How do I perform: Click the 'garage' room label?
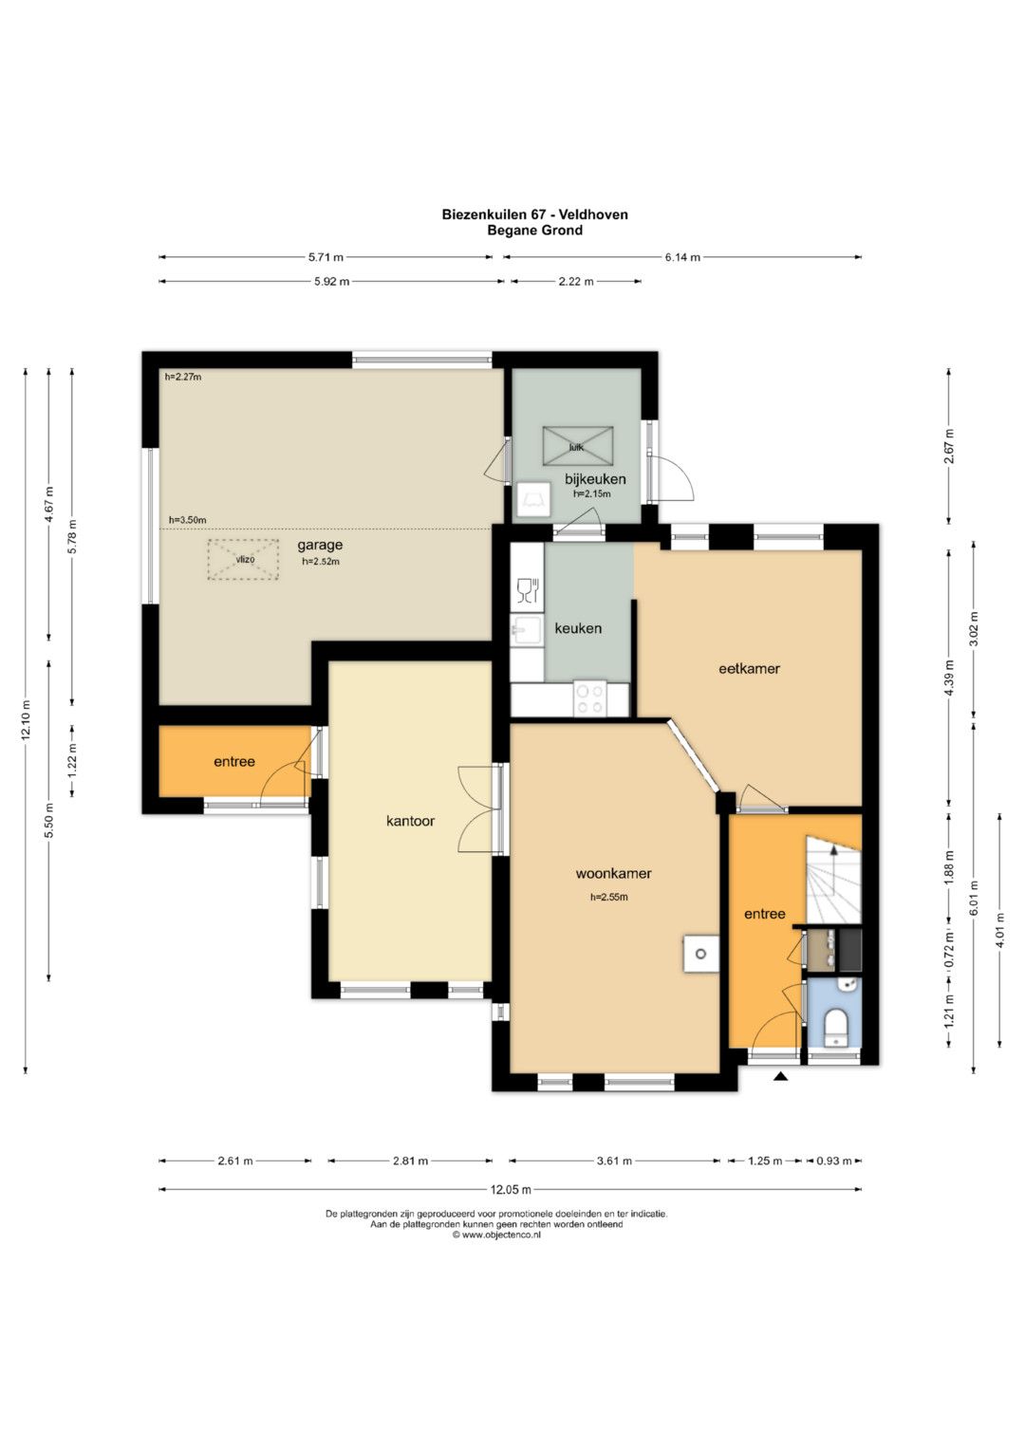point(320,546)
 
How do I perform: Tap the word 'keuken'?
point(578,628)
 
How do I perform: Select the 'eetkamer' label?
point(750,669)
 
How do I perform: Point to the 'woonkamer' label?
point(613,873)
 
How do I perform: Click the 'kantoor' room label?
point(410,821)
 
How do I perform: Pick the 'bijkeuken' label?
point(595,479)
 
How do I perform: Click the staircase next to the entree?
point(833,879)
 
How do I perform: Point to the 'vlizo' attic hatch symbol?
point(243,560)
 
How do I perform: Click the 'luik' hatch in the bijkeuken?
point(577,446)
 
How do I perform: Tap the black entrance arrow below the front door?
point(781,1077)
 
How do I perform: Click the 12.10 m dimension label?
point(26,719)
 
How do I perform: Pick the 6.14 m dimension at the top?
point(682,257)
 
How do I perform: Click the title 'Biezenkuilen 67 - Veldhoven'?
point(535,214)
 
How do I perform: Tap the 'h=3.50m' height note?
point(188,519)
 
